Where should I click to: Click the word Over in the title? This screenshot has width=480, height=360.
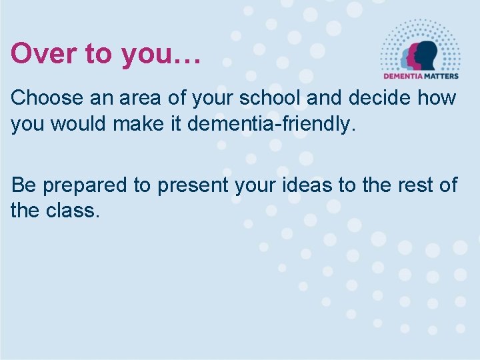click(x=38, y=53)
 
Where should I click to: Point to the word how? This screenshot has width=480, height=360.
click(x=443, y=98)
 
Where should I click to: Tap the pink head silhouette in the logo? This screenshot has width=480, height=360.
click(x=415, y=55)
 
